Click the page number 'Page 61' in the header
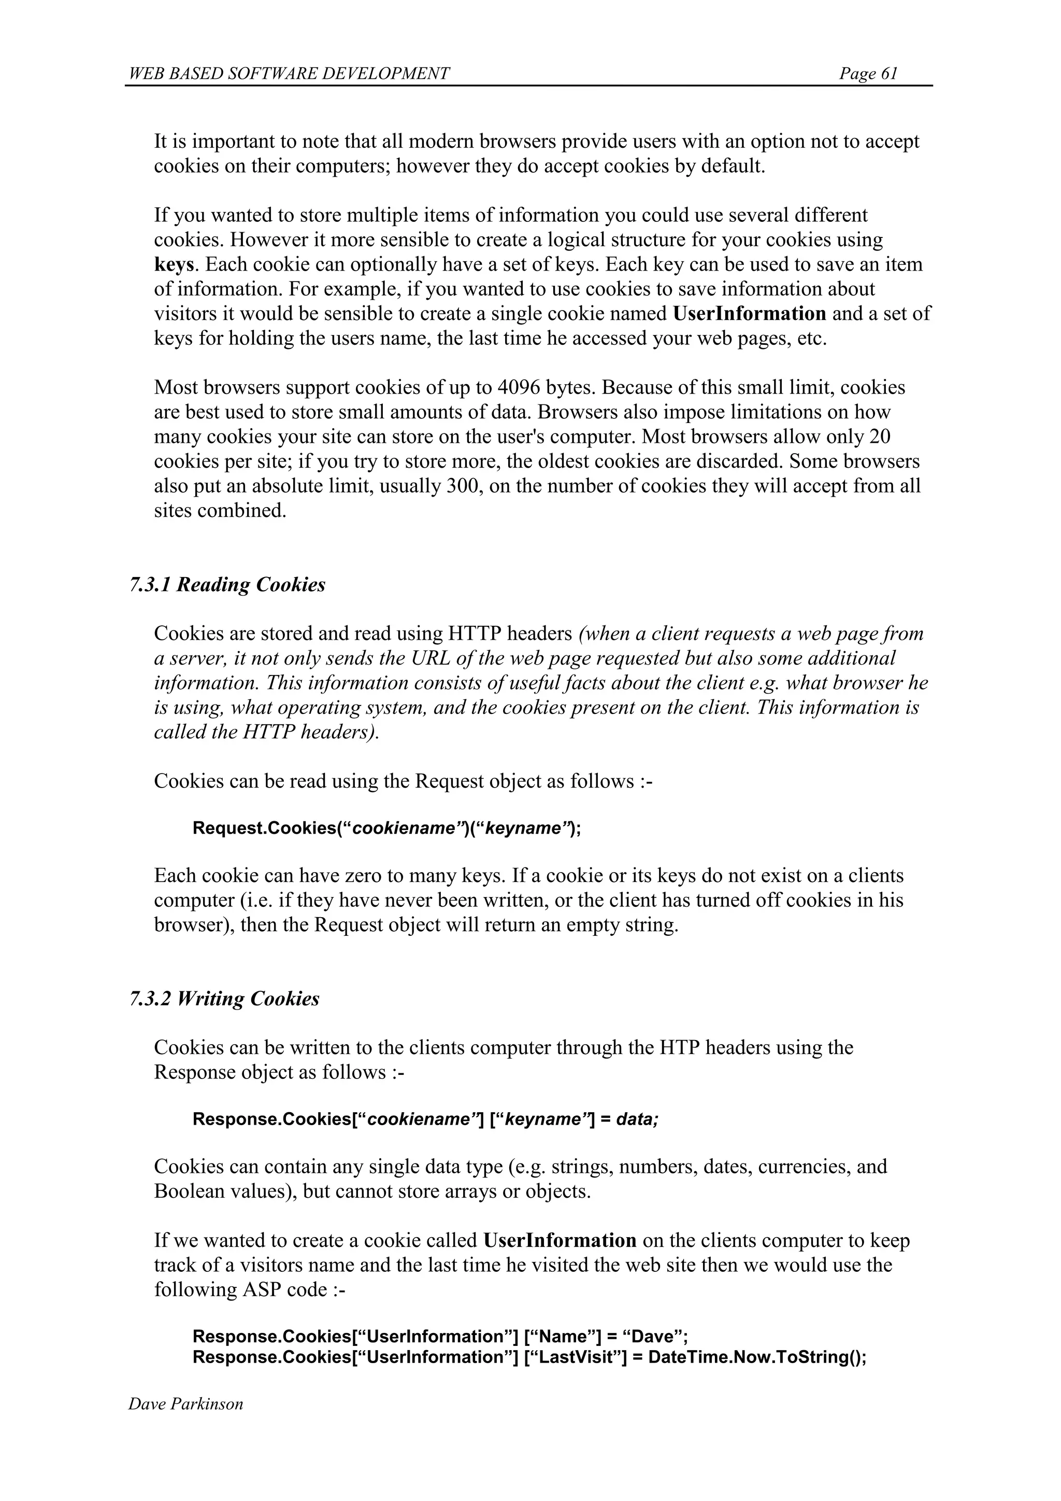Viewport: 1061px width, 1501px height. pyautogui.click(x=868, y=73)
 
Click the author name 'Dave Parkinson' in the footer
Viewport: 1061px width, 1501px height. pyautogui.click(x=185, y=1404)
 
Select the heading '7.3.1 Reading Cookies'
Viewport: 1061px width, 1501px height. pyautogui.click(x=227, y=584)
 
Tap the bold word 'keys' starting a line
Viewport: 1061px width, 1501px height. pyautogui.click(x=174, y=265)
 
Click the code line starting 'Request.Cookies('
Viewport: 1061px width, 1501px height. pyautogui.click(x=386, y=829)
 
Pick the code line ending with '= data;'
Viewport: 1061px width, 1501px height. pyautogui.click(x=425, y=1119)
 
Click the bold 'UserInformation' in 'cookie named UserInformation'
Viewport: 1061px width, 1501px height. pyautogui.click(x=749, y=314)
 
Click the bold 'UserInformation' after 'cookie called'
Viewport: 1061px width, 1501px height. pyautogui.click(x=560, y=1240)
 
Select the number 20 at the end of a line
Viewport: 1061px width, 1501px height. pyautogui.click(x=881, y=437)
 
